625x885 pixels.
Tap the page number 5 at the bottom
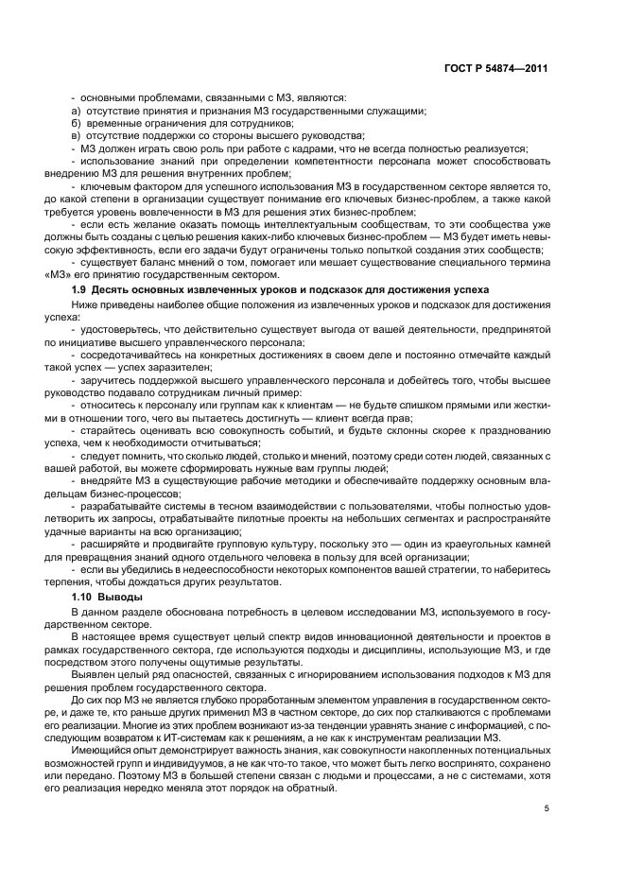[546, 807]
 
